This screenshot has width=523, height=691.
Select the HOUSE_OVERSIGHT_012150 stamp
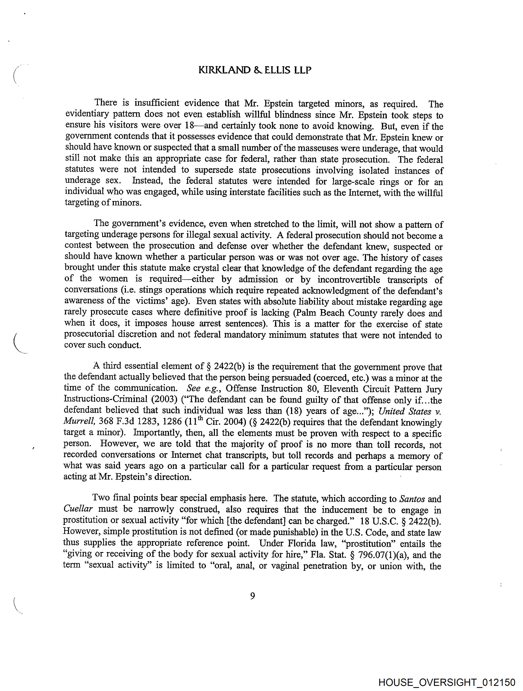[x=447, y=682]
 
